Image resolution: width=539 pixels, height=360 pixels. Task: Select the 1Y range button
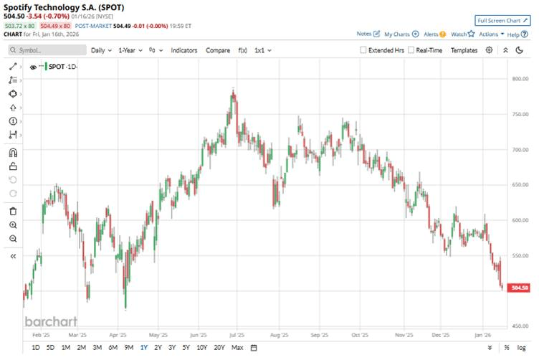pos(144,348)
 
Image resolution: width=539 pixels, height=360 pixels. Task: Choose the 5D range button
pos(50,348)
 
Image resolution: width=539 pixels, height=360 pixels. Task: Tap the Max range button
pos(237,348)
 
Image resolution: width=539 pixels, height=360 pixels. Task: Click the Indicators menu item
pos(184,51)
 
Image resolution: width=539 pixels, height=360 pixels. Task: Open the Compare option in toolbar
pos(218,51)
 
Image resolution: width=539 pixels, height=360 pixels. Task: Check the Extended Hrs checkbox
pos(363,51)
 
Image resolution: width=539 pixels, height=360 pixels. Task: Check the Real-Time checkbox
pos(411,51)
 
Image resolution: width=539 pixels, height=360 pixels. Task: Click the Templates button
pos(464,51)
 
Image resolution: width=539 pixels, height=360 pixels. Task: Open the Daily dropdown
pos(101,51)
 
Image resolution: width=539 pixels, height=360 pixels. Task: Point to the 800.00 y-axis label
pos(519,79)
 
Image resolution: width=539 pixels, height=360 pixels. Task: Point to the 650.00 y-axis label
pos(519,185)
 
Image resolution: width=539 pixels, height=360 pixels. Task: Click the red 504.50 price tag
pos(519,288)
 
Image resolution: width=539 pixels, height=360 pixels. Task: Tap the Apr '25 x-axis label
pos(118,335)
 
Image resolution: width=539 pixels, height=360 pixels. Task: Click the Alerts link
pos(434,34)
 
